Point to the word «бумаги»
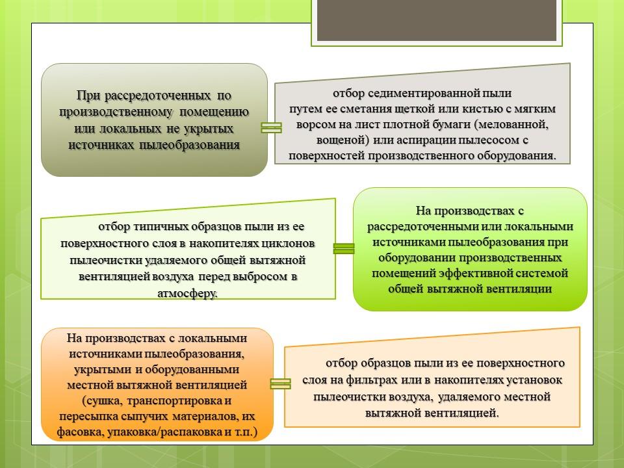(448, 125)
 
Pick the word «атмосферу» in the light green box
(187, 294)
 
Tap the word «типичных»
(161, 227)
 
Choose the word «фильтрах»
(371, 380)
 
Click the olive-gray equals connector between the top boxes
(272, 127)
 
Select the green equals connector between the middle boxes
(344, 248)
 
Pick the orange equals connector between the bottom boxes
(281, 383)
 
